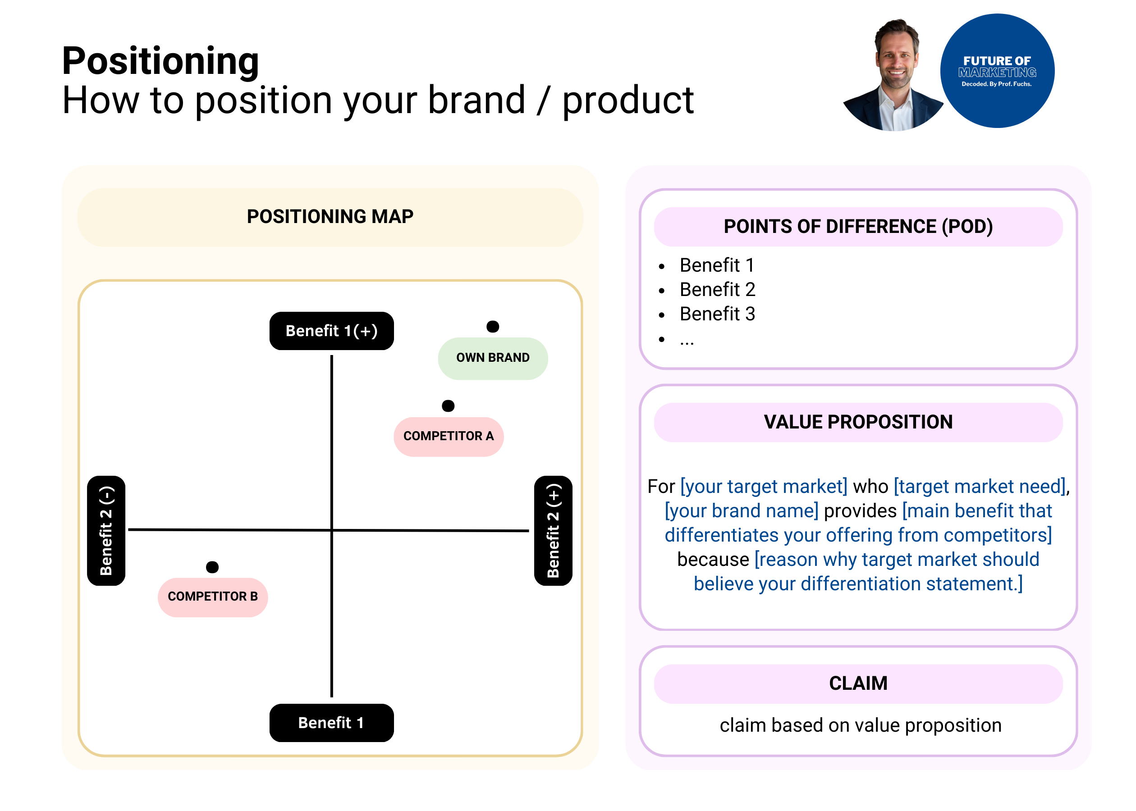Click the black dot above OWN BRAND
pos(493,327)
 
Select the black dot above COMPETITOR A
pos(448,405)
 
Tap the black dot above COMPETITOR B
pos(212,567)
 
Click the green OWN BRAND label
pos(493,358)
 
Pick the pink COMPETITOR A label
pos(448,437)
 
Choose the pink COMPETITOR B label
pos(213,597)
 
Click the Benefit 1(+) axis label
pos(331,331)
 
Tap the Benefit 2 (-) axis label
pos(106,530)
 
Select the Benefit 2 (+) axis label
pos(553,530)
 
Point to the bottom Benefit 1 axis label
pos(331,723)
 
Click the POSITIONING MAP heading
pos(330,217)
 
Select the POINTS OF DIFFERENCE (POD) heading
pos(858,227)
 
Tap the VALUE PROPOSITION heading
pos(858,422)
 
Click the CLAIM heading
pos(858,683)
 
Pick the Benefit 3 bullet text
pos(717,314)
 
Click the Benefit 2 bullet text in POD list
pos(717,290)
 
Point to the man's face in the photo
pos(897,60)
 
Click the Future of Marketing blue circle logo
pos(997,71)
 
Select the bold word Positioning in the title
pos(160,61)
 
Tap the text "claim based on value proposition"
pos(860,725)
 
